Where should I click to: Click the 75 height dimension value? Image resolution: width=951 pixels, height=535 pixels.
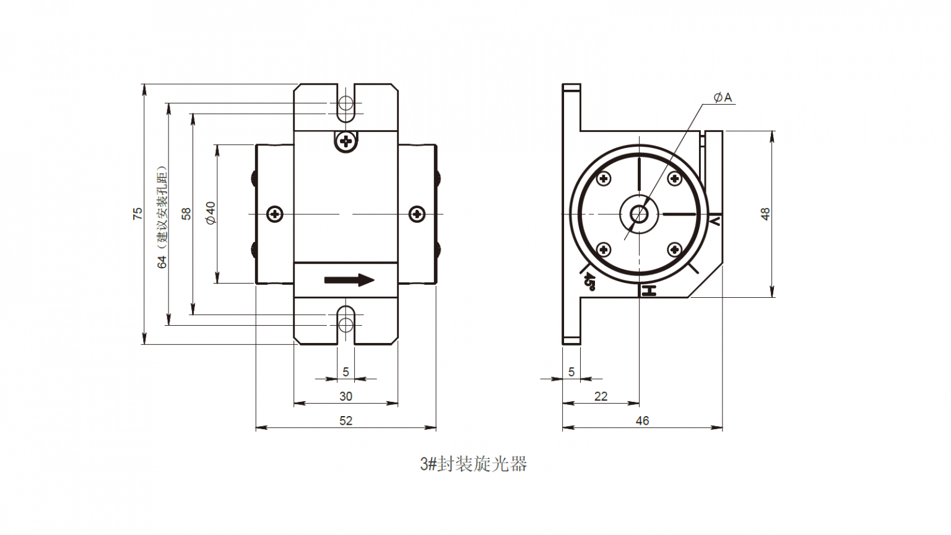tap(137, 214)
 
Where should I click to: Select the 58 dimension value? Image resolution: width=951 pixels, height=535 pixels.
tap(186, 214)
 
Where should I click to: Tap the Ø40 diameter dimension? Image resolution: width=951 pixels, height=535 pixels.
tap(211, 213)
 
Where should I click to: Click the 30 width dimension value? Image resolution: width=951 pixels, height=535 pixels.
tap(345, 396)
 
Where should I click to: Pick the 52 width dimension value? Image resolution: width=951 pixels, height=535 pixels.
tap(345, 421)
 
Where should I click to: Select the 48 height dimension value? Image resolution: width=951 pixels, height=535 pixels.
tap(765, 214)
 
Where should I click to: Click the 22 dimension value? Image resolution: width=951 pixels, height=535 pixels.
tap(601, 396)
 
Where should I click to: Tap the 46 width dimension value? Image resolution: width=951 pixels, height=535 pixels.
tap(642, 421)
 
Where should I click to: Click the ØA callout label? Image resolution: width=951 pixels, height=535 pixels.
tap(723, 97)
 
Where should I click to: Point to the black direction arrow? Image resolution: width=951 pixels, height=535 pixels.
tap(349, 280)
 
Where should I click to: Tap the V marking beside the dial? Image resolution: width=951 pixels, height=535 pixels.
tap(715, 220)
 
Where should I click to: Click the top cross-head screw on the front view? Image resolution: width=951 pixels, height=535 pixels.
tap(346, 142)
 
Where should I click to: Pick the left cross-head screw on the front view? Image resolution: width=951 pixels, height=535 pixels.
tap(275, 214)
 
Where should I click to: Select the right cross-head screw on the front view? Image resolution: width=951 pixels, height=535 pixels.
tap(418, 214)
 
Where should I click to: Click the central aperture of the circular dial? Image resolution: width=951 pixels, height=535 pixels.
tap(638, 214)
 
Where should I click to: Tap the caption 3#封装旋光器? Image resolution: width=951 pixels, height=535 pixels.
tap(474, 464)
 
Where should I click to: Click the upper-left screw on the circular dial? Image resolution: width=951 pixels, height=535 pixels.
tap(603, 179)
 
